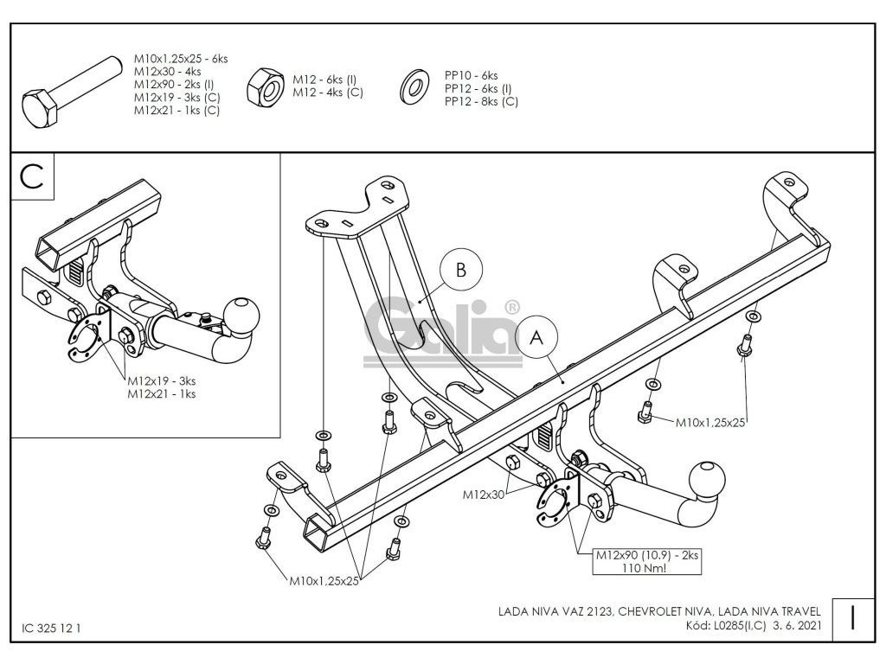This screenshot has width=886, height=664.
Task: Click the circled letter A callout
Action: (536, 339)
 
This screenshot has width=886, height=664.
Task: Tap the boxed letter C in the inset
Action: (32, 176)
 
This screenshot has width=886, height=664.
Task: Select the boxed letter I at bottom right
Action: (853, 618)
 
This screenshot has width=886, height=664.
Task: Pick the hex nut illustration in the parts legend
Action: (263, 87)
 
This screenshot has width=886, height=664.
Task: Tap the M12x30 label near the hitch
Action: (484, 495)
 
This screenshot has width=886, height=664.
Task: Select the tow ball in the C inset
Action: (241, 314)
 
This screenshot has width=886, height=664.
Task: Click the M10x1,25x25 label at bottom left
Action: (324, 581)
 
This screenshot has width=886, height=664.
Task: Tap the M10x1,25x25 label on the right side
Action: (710, 422)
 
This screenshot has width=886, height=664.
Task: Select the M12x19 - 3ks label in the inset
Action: (162, 380)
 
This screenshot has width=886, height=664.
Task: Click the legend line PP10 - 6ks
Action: (472, 76)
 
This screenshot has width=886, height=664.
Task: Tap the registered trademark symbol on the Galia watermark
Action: (511, 306)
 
